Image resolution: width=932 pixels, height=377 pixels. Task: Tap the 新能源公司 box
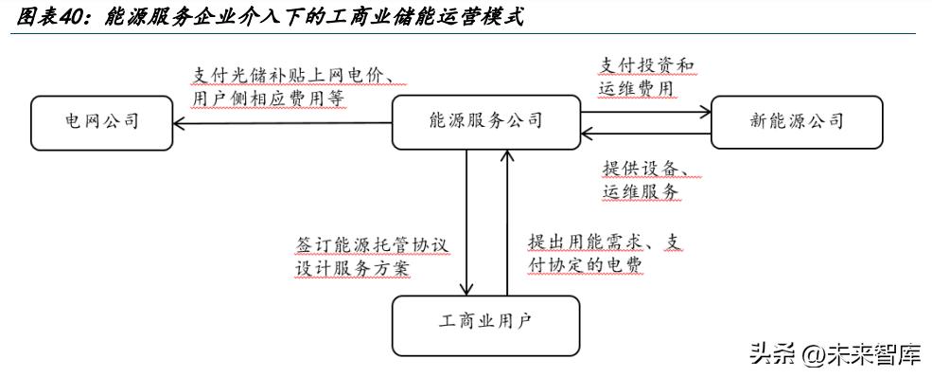(796, 120)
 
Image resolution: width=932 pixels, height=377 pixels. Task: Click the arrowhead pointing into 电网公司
(180, 120)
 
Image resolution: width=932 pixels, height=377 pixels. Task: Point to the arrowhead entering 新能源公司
(705, 109)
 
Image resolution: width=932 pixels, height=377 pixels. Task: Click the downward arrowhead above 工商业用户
(467, 290)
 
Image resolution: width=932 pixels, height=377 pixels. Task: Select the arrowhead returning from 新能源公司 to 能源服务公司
(587, 133)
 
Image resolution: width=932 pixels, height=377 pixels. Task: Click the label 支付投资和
(646, 65)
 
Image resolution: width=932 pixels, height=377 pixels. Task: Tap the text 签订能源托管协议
(371, 243)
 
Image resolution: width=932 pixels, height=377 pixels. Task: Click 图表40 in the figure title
(52, 16)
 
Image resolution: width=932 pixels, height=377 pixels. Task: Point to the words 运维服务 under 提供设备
(640, 191)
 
